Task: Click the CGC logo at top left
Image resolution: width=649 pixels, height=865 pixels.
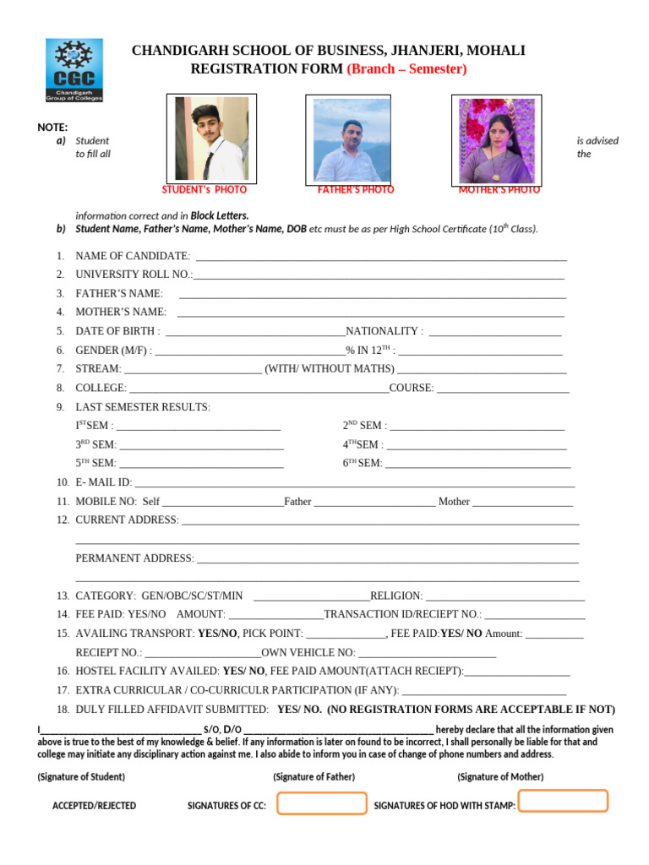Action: tap(74, 70)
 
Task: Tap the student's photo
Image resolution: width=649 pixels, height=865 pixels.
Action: tap(211, 138)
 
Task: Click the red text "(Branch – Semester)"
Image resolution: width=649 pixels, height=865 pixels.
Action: tap(406, 69)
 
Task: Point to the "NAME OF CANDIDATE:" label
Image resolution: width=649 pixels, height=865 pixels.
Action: tap(133, 256)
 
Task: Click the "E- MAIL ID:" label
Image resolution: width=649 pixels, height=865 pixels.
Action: tap(104, 482)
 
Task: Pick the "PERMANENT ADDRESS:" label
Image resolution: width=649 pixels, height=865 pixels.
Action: tap(134, 558)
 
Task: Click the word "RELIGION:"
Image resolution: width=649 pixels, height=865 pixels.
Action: tap(396, 596)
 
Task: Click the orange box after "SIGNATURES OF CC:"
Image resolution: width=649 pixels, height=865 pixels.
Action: tap(321, 804)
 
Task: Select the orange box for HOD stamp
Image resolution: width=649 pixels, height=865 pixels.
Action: tap(563, 801)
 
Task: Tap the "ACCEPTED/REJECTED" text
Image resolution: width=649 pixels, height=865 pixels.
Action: tap(94, 806)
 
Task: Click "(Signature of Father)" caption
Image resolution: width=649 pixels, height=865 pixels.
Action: tap(314, 776)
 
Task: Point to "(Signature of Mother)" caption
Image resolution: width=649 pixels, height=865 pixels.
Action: tap(500, 776)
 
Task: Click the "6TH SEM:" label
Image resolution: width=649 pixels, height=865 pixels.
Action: tap(363, 463)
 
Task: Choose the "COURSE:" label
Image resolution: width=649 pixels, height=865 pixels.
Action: tap(412, 388)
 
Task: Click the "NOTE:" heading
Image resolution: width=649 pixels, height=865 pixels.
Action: tap(52, 127)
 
